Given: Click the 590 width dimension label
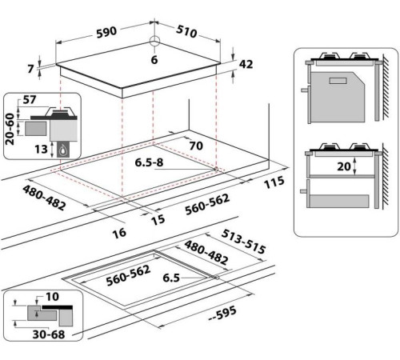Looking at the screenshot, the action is pos(106,33).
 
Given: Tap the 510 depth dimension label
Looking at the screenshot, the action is pos(186,31).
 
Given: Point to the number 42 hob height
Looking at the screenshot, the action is pos(246,64).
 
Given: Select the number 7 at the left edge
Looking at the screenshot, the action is pos(30,69).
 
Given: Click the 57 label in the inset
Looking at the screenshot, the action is pos(30,100).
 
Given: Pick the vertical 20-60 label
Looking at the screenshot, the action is pos(10,129).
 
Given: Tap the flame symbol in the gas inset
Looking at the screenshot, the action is pos(62,150).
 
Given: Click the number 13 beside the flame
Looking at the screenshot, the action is pos(41,149).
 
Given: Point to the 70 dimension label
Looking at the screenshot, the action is pos(196,146).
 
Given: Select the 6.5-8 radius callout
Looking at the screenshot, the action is pos(149,162).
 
